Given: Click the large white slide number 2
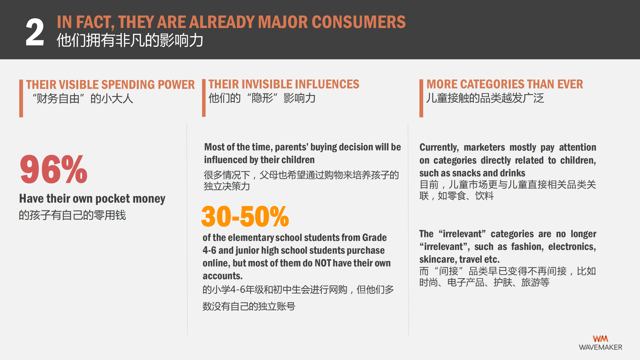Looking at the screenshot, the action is click(x=35, y=32).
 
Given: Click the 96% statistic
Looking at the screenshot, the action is click(x=54, y=169).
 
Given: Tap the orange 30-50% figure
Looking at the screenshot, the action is click(x=245, y=216).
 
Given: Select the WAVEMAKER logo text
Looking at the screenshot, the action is click(x=600, y=347).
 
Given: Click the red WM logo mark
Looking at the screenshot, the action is click(x=600, y=339).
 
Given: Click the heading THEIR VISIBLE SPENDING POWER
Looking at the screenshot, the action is click(x=110, y=85).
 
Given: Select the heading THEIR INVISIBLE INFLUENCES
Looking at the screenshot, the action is click(x=284, y=84).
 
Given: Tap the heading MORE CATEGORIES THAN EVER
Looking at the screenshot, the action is click(x=505, y=84).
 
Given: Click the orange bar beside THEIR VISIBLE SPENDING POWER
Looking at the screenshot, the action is click(x=21, y=98).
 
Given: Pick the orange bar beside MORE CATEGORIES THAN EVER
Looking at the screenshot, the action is click(x=421, y=98).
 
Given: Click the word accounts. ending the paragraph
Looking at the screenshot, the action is click(x=223, y=276).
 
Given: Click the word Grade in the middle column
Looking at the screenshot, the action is click(x=374, y=238).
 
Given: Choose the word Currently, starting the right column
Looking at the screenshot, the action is click(x=439, y=148).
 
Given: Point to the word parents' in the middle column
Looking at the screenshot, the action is click(x=292, y=147).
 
